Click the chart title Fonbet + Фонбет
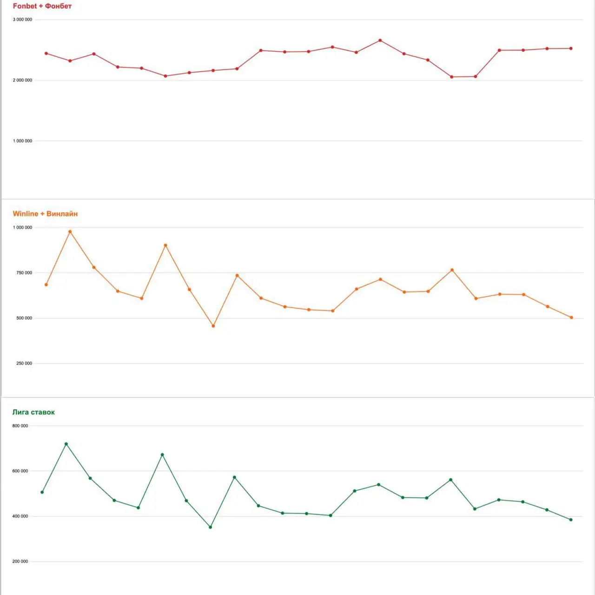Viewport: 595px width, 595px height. [x=42, y=6]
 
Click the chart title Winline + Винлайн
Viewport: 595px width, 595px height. [x=45, y=214]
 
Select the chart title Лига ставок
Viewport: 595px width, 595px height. [x=33, y=412]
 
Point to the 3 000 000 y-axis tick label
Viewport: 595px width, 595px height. [x=22, y=20]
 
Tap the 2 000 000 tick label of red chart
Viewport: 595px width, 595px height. [x=22, y=80]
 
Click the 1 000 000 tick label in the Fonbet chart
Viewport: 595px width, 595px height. [x=22, y=141]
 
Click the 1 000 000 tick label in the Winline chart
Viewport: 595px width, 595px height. [x=22, y=227]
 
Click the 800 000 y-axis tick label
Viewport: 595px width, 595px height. [x=20, y=426]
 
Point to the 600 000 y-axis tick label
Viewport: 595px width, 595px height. [x=20, y=471]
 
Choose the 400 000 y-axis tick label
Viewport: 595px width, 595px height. [x=20, y=516]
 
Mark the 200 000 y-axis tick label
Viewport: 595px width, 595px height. [x=20, y=562]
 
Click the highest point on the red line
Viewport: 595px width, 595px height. [x=380, y=40]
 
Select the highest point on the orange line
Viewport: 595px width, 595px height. [x=70, y=231]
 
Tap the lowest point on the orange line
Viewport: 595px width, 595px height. [x=213, y=326]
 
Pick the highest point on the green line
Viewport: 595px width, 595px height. [x=66, y=444]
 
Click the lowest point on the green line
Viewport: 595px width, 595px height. [x=211, y=527]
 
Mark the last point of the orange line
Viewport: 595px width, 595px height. [x=571, y=317]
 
